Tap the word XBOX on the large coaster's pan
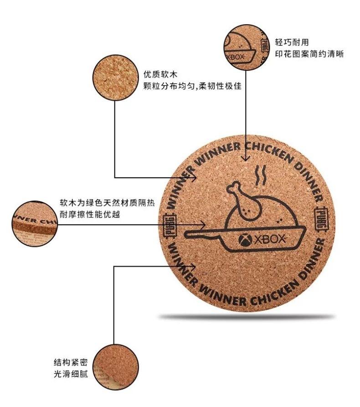point(269,239)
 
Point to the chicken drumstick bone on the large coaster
point(234,187)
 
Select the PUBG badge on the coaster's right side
point(321,219)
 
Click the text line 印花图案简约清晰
point(309,54)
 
